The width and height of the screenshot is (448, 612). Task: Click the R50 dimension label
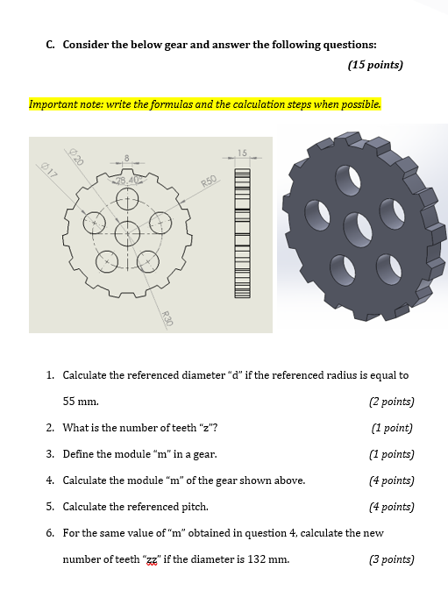[208, 181]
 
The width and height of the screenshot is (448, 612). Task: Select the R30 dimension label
[167, 320]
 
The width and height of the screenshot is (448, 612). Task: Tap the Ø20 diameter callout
[77, 158]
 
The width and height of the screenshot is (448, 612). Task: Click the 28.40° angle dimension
[127, 180]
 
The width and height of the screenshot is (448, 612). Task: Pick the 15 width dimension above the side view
[242, 153]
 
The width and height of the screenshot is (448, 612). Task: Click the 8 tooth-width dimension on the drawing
[127, 159]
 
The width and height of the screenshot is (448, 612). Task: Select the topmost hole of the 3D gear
[350, 179]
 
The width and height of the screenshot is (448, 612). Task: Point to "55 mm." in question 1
[81, 402]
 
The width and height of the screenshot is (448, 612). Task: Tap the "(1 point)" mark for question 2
[391, 428]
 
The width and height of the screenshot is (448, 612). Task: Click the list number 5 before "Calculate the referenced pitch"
[50, 507]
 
